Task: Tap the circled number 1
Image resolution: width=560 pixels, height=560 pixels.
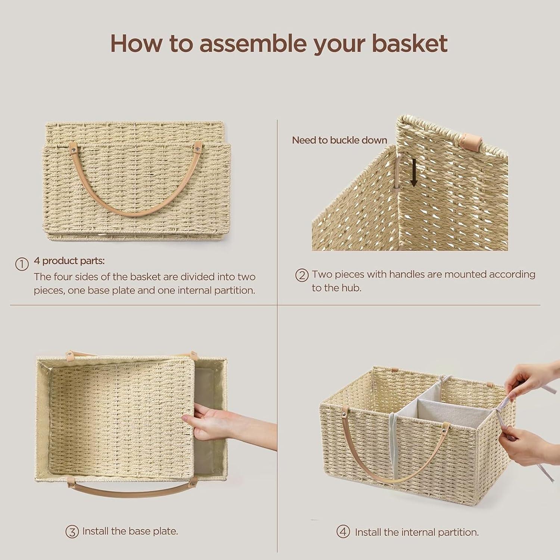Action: (22, 264)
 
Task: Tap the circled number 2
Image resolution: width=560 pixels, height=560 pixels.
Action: (302, 276)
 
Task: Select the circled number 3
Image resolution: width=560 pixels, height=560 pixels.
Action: (72, 532)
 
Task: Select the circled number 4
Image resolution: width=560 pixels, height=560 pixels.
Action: (343, 532)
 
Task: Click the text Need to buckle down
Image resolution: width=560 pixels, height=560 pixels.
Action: (339, 140)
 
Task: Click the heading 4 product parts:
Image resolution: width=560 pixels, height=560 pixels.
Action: (69, 261)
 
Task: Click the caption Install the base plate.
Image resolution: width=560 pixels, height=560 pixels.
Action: (130, 531)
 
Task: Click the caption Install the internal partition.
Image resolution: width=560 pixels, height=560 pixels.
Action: (416, 532)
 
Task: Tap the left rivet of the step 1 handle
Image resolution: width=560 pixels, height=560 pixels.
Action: (74, 150)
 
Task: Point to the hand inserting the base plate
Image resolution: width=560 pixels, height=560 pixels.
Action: (213, 424)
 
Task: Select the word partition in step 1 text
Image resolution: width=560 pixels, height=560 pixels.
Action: (234, 290)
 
